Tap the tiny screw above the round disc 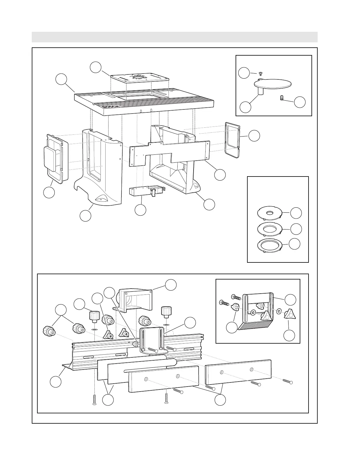(x=260, y=73)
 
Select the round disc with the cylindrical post (x=274, y=84)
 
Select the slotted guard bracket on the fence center (x=151, y=338)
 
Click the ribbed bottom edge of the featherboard (x=255, y=325)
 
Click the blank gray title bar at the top (x=175, y=37)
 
